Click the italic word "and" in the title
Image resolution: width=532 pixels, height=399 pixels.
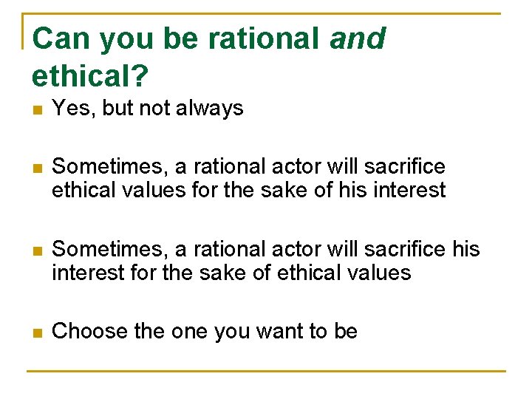pyautogui.click(x=358, y=38)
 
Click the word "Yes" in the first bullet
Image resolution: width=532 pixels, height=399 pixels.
pyautogui.click(x=71, y=109)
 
